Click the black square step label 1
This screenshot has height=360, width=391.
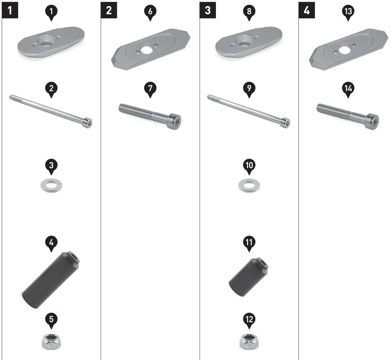coord(10,10)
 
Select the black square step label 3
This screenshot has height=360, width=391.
coord(208,10)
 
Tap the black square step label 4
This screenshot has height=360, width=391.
coord(307,10)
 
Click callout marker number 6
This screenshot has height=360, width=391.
coord(150,12)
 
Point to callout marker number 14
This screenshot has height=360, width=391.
coord(348,89)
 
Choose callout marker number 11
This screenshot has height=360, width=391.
coord(249,243)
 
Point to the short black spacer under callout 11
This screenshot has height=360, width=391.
coord(249,277)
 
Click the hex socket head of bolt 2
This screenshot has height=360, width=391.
coord(88,122)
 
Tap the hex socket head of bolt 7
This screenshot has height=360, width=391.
coord(175,122)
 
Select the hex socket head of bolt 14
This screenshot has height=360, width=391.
coord(373,122)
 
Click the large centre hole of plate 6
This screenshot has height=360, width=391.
coord(146,50)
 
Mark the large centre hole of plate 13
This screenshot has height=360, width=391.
coord(345,50)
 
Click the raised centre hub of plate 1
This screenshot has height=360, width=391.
coord(46,41)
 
